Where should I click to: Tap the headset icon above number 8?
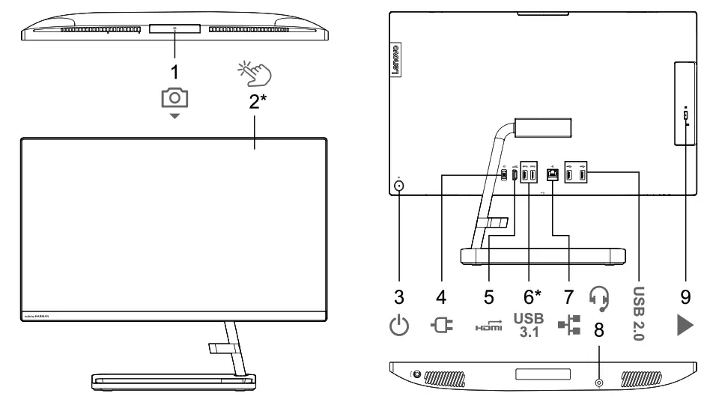coord(599,299)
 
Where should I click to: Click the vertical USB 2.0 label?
coord(639,313)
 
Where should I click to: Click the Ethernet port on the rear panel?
coord(553,175)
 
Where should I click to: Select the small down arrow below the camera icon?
coord(175,118)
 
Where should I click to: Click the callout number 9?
coord(685,297)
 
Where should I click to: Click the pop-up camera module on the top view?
coord(175,28)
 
